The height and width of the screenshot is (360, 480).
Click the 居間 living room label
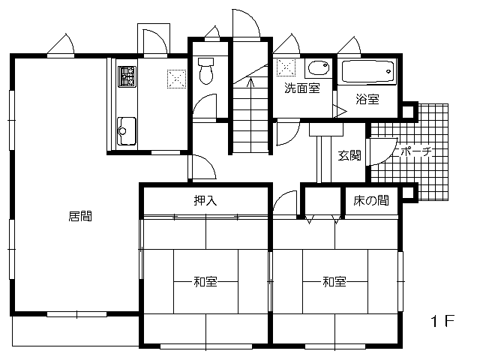coord(80,216)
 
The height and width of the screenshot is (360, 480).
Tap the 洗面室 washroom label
coord(302,88)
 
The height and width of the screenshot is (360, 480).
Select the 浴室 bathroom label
coord(367,99)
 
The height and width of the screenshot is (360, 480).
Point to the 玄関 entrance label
coord(349,155)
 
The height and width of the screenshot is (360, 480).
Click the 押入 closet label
coord(205,200)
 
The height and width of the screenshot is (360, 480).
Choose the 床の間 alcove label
coord(371,200)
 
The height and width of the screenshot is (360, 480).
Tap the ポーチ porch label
coord(414,152)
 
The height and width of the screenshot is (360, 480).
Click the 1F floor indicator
coord(442,321)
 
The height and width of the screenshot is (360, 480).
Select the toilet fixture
coord(205,70)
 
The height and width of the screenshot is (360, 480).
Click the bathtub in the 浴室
coord(367,72)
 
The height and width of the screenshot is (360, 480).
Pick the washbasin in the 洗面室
coord(318,68)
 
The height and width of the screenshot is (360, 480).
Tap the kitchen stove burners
coord(127,76)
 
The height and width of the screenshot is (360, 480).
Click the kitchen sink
coord(127,130)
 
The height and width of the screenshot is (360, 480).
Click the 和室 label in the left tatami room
coord(205,281)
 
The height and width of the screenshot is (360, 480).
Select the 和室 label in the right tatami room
coord(334,281)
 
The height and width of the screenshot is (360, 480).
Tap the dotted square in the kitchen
coord(177,79)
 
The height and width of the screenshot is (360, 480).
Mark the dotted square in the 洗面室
coord(286,67)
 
